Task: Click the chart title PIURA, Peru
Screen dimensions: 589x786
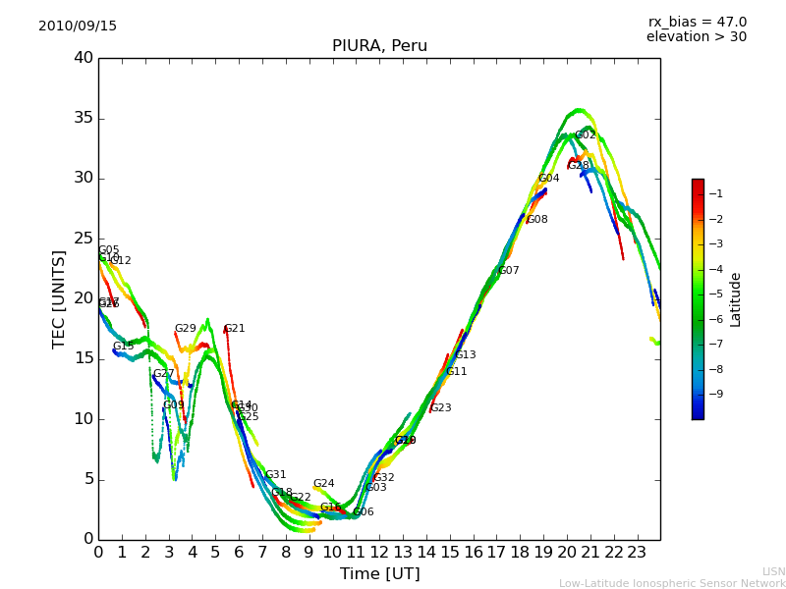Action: click(379, 46)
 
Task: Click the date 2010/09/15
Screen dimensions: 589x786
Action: click(78, 27)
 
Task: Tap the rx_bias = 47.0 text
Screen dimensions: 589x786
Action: click(697, 23)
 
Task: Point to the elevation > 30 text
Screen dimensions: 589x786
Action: click(697, 37)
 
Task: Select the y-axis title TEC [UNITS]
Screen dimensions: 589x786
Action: click(59, 299)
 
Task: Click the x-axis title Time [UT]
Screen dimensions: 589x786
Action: click(379, 573)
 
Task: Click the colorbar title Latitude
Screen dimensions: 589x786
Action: click(736, 299)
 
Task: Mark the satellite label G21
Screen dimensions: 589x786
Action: click(235, 329)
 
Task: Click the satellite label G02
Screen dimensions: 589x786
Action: click(586, 135)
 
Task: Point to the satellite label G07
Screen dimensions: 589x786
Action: click(508, 271)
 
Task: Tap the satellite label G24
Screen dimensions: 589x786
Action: click(324, 484)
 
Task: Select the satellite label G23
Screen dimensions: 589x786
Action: click(441, 408)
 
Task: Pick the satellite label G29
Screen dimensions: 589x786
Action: click(186, 329)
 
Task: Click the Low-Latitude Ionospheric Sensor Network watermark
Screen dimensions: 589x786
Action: click(672, 583)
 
